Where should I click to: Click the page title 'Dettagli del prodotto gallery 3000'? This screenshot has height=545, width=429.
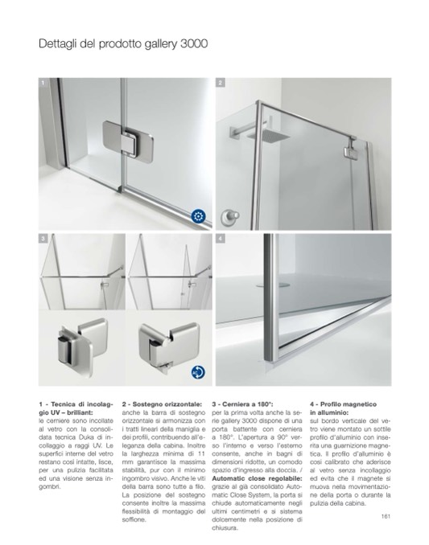click(x=123, y=44)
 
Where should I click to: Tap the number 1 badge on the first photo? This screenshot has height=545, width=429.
click(x=43, y=83)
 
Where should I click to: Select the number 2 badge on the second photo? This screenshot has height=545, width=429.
click(x=221, y=83)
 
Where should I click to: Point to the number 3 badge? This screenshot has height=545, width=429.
click(x=43, y=238)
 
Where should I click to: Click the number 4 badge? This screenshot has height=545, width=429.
click(x=221, y=238)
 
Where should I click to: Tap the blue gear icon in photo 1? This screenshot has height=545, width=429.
click(x=198, y=216)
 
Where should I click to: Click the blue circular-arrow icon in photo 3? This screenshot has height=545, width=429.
click(x=198, y=372)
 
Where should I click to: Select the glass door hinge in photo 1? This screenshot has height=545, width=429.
click(x=128, y=141)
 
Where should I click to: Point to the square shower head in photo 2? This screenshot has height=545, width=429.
click(x=268, y=136)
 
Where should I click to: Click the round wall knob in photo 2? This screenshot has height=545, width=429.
click(x=230, y=217)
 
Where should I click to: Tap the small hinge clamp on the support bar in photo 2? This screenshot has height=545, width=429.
click(x=349, y=149)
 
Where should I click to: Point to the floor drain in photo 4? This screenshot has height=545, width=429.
click(x=273, y=285)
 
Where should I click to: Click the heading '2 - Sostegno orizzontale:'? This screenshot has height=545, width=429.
click(x=162, y=404)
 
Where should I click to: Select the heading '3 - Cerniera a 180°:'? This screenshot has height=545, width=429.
click(x=242, y=404)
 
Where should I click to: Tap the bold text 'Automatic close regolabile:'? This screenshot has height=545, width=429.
click(x=257, y=478)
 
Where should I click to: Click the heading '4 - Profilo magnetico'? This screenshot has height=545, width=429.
click(x=343, y=404)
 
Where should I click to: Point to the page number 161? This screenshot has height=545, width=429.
click(x=386, y=516)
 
